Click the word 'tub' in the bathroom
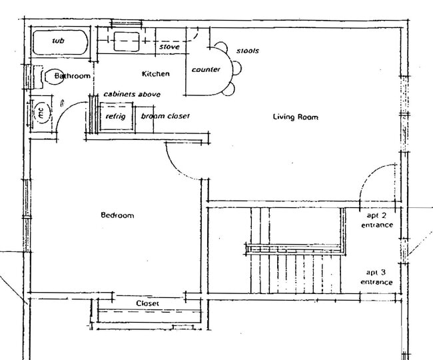(x=59, y=41)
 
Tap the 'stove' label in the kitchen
(x=169, y=47)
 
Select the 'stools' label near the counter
(x=247, y=51)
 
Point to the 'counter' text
(x=206, y=70)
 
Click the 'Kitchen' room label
(x=156, y=73)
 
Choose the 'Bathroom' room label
(x=72, y=76)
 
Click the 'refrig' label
(x=115, y=116)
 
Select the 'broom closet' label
(x=165, y=116)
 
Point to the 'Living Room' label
(x=295, y=117)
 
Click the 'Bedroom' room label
(x=117, y=215)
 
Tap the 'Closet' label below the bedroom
(x=147, y=303)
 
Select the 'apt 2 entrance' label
(x=377, y=221)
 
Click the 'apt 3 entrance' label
(x=377, y=277)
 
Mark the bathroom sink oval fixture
(x=52, y=77)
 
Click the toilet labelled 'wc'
(x=41, y=113)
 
